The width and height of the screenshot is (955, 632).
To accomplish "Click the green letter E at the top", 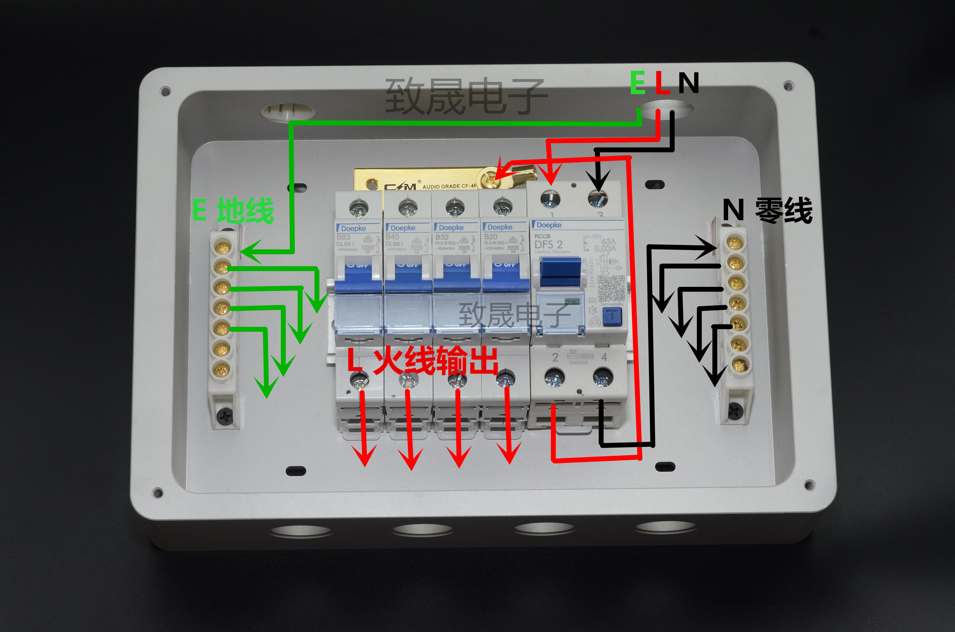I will (638, 83).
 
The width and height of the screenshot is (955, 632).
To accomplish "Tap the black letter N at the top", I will (688, 83).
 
